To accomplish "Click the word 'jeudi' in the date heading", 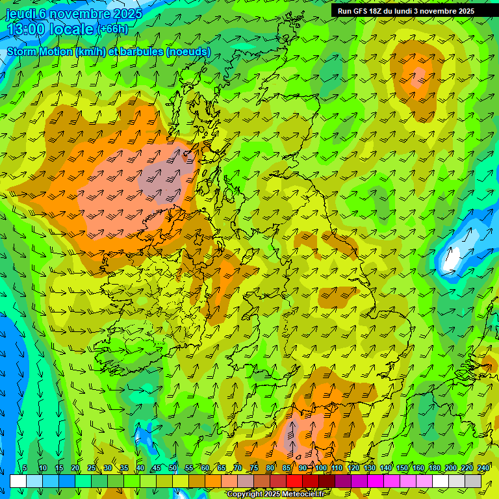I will (20, 14).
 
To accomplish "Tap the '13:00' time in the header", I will (26, 29).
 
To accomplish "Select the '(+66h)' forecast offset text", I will (113, 29).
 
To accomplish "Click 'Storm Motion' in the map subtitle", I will (39, 51).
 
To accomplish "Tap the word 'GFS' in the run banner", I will (364, 11).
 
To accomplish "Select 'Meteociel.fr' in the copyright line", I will (302, 494).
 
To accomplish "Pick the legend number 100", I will (321, 468).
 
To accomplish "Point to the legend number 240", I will (483, 468).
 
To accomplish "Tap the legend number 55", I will (189, 468).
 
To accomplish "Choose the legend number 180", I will (435, 468).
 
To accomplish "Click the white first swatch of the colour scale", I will (18, 481).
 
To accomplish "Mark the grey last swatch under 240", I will (473, 481).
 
